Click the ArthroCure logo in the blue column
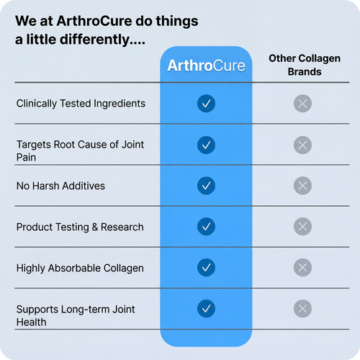pyautogui.click(x=206, y=66)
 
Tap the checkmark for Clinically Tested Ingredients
pyautogui.click(x=206, y=104)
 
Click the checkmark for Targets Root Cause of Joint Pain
pyautogui.click(x=206, y=145)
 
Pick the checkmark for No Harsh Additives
pyautogui.click(x=206, y=186)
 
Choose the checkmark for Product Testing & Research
pyautogui.click(x=206, y=227)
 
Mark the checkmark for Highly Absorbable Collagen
pyautogui.click(x=206, y=268)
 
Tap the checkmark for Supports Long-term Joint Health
pyautogui.click(x=206, y=310)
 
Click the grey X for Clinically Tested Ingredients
pyautogui.click(x=303, y=104)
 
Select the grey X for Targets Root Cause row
pyautogui.click(x=303, y=145)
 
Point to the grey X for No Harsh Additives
pyautogui.click(x=303, y=186)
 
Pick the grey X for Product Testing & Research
pyautogui.click(x=303, y=227)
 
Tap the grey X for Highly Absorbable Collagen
pyautogui.click(x=303, y=268)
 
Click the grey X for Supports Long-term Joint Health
pyautogui.click(x=303, y=310)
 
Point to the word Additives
pyautogui.click(x=83, y=186)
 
